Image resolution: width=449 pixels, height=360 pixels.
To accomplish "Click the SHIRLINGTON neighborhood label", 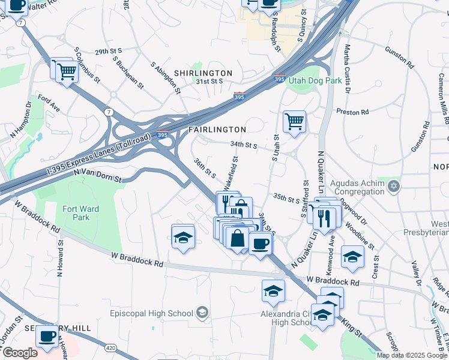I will pos(203,73).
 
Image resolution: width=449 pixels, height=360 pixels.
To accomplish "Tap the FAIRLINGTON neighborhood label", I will pos(217,130).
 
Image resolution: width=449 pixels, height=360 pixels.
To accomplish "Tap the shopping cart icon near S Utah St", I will pos(294,122).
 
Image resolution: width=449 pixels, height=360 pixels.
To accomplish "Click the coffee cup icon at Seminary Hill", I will pos(47,337).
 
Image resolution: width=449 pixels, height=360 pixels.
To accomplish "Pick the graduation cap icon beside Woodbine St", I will pos(353,257).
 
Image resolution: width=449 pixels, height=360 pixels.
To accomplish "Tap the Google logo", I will pos(19,353).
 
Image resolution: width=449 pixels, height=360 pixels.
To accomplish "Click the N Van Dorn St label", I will pos(97,175).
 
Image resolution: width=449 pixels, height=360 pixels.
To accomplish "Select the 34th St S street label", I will pos(244,145).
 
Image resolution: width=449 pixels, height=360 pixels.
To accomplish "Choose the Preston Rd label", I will pos(352,112).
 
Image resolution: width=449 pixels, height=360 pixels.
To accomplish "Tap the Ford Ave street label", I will pos(49,103).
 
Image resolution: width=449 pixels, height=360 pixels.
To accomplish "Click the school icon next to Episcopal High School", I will pos(202,313).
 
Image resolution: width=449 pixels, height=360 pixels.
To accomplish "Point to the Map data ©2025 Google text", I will pos(412,355).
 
